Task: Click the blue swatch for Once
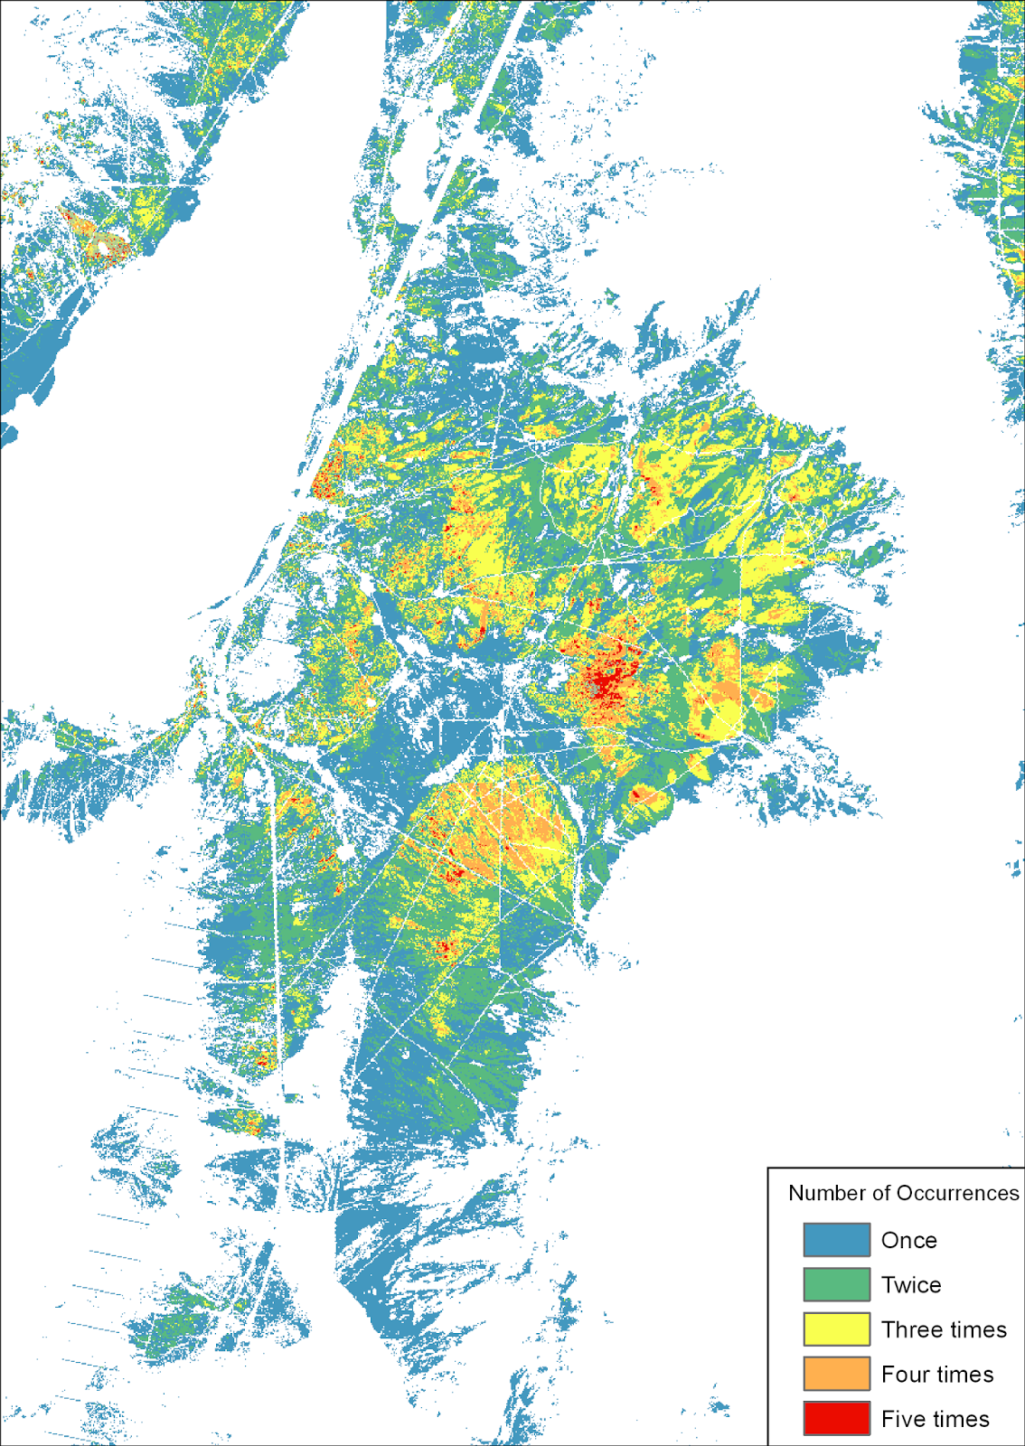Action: [836, 1239]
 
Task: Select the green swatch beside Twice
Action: [836, 1284]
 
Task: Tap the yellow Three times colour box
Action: [836, 1329]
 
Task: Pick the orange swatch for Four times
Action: [836, 1374]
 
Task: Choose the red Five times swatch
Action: [836, 1418]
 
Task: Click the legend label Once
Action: [908, 1240]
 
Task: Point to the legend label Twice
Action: [911, 1285]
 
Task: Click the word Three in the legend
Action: [912, 1329]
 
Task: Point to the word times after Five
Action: [964, 1419]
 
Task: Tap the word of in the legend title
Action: [881, 1193]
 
